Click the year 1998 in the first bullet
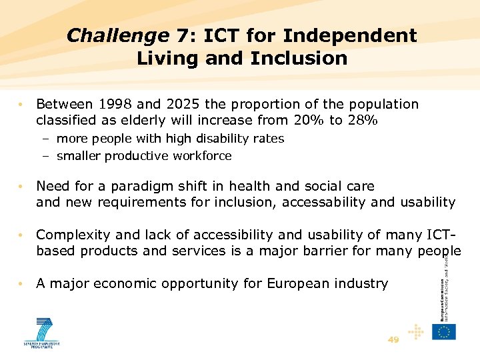click(117, 105)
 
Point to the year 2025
click(182, 105)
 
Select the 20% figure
click(308, 121)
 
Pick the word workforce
click(200, 156)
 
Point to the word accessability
click(329, 202)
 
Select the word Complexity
click(69, 235)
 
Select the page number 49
click(393, 340)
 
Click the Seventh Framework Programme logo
click(43, 332)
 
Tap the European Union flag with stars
click(444, 331)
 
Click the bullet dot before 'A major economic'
click(23, 283)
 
